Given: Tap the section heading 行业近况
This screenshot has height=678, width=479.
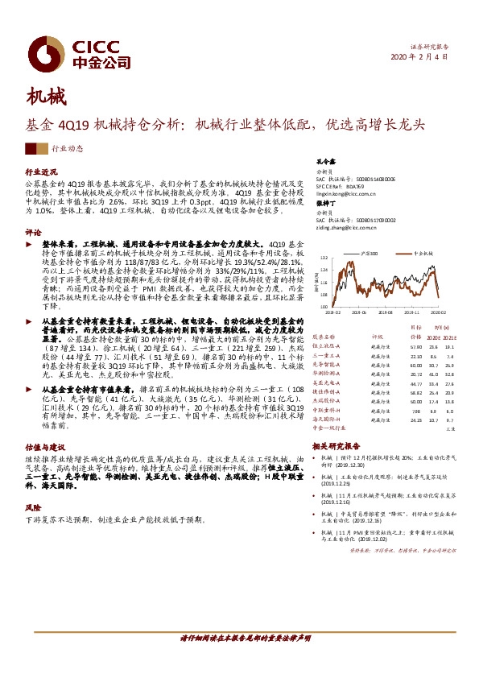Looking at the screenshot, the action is [42, 172].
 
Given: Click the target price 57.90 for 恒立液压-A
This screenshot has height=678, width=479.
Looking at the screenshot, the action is [415, 346].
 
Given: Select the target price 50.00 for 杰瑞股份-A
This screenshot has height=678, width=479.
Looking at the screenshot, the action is [415, 399].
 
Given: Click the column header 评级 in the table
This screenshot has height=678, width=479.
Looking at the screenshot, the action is [376, 337].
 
